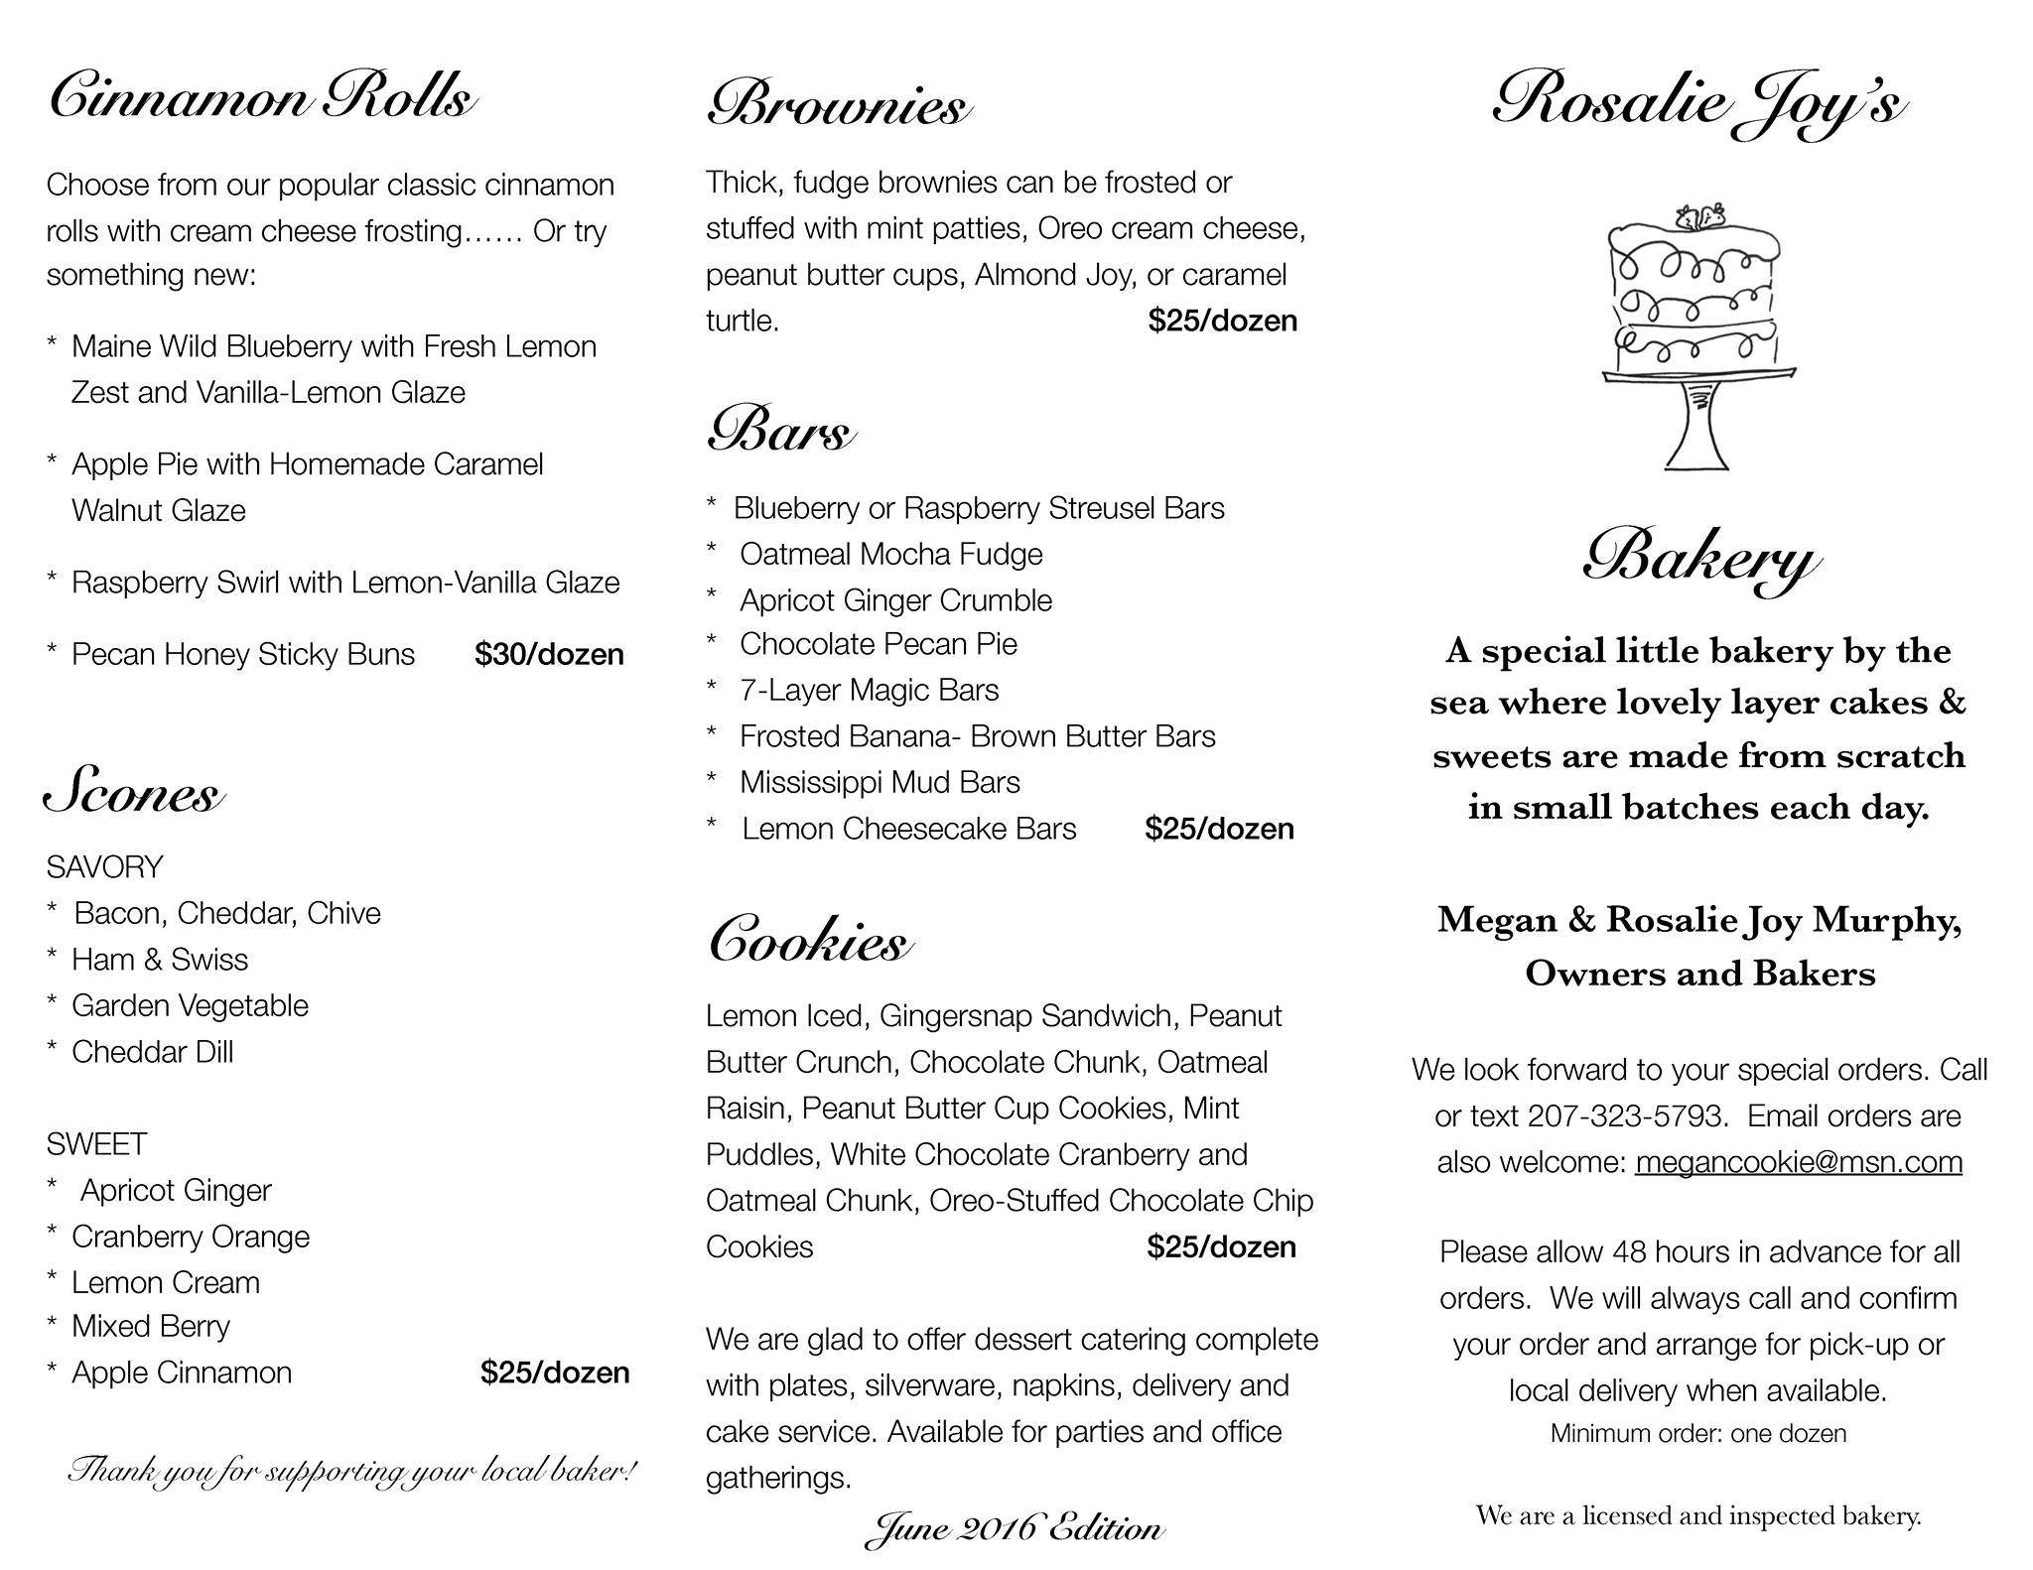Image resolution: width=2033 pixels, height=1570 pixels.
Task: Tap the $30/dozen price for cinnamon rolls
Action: [549, 655]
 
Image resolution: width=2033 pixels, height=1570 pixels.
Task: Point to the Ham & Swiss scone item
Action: [159, 960]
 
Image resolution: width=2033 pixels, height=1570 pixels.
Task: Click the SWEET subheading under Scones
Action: [96, 1144]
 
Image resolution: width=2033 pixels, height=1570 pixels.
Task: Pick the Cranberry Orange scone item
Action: [190, 1237]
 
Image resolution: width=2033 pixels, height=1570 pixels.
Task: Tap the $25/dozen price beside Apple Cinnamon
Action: [554, 1373]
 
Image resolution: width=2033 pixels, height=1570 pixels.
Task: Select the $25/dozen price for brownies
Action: [1222, 321]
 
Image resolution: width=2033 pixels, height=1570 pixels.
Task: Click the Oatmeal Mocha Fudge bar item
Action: [890, 554]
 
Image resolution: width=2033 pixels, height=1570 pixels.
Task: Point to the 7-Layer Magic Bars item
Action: [869, 690]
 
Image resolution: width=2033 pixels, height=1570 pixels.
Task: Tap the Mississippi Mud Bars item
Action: [880, 782]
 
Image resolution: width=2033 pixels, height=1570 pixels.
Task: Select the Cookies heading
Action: [808, 941]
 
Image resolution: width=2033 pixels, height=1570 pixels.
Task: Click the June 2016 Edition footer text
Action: [1014, 1528]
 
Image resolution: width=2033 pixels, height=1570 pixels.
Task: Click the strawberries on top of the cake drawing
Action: [1700, 215]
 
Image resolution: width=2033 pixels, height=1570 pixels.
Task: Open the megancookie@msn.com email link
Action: [1798, 1162]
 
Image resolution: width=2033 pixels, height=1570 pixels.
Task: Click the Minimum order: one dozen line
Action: [1697, 1434]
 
